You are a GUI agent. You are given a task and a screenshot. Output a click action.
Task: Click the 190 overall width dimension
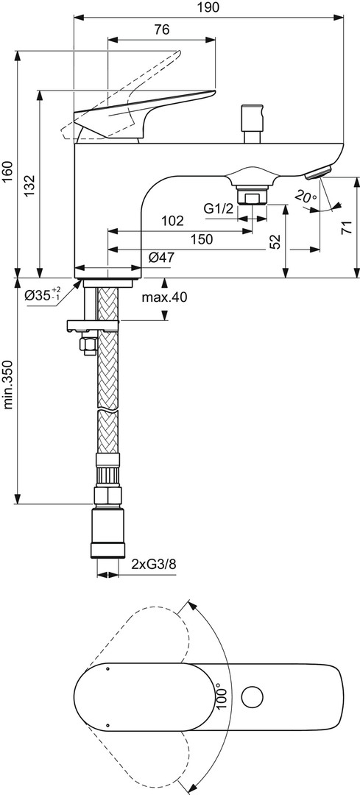point(208,7)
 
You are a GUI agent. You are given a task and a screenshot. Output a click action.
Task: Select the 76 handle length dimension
point(162,30)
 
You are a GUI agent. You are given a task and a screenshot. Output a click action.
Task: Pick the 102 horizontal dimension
point(172,221)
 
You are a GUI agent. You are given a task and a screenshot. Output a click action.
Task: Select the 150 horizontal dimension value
point(202,239)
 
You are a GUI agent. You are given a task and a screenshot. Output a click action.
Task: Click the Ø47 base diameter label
point(161,258)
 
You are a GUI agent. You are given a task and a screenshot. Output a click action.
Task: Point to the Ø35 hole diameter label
point(43,294)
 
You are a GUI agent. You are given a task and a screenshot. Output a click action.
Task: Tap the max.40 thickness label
point(163,297)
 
